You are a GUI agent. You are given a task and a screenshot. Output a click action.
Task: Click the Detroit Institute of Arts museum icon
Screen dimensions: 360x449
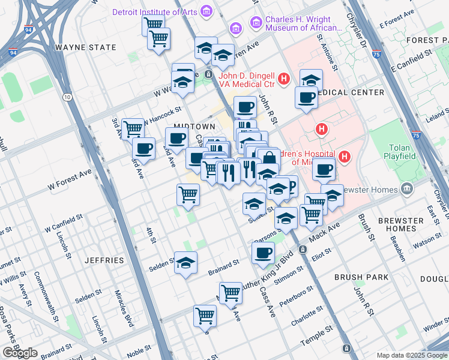[207, 11]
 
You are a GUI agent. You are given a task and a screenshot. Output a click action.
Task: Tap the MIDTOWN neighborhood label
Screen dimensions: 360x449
[194, 127]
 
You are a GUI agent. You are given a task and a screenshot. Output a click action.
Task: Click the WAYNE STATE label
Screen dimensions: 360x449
[85, 47]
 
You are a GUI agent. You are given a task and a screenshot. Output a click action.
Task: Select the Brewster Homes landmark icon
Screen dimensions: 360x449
[408, 190]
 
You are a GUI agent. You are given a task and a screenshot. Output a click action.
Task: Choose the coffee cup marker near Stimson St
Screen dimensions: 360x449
[263, 253]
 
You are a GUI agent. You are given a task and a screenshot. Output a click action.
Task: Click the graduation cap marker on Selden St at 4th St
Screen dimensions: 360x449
[186, 263]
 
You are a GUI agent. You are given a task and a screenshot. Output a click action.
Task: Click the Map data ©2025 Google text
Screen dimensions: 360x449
[411, 355]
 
